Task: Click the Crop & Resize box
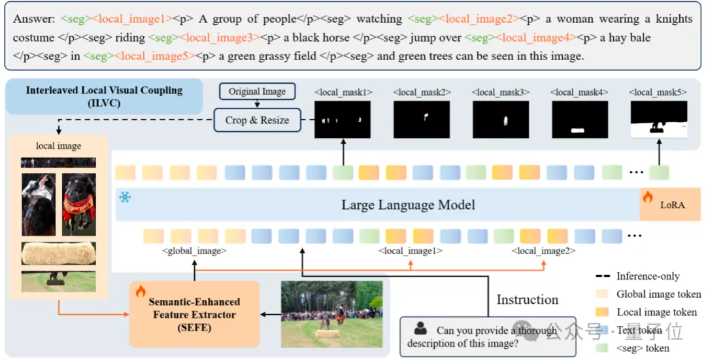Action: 257,120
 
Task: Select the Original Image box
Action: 257,91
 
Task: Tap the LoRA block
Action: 671,205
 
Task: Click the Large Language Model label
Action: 408,205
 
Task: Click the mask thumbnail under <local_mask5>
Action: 659,120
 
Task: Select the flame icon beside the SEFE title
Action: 140,291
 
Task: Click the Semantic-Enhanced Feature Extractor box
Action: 194,314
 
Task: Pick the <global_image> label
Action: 194,250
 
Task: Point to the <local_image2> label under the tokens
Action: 543,250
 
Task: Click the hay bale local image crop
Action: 59,254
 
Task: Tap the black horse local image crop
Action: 79,204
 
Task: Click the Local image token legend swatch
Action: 605,312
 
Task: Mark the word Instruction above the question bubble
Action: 528,300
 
